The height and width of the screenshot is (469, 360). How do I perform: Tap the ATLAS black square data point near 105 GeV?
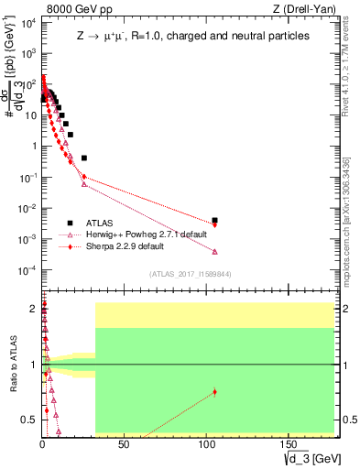[214, 221]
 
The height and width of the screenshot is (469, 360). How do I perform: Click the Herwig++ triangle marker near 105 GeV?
[214, 252]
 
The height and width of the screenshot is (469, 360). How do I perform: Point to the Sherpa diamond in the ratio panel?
[214, 392]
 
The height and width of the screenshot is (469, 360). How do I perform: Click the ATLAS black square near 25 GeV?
[84, 158]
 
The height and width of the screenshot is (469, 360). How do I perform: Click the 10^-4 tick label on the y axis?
[27, 270]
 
